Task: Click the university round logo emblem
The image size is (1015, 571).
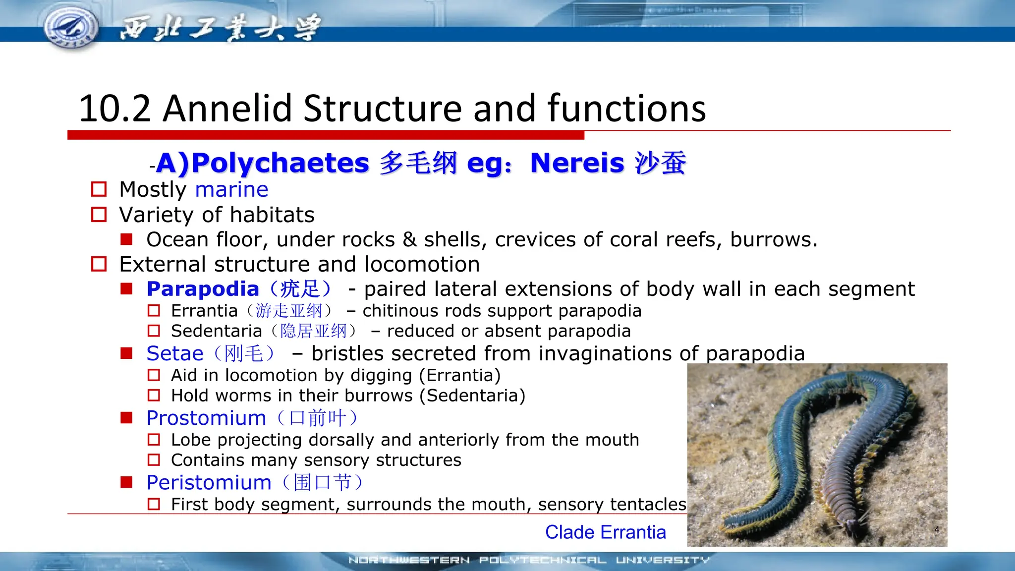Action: tap(71, 26)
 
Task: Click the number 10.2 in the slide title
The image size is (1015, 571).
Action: tap(114, 109)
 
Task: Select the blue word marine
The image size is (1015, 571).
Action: tap(231, 190)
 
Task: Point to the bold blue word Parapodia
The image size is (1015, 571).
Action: tap(203, 289)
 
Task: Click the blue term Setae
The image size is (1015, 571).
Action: tap(175, 353)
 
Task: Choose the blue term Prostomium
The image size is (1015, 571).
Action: tap(206, 418)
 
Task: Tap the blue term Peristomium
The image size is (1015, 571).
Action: tap(209, 482)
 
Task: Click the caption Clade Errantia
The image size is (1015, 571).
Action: tap(605, 532)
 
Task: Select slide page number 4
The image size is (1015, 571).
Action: tap(936, 529)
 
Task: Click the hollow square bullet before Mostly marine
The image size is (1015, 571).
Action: tap(99, 189)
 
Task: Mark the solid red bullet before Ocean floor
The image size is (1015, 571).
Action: tap(127, 239)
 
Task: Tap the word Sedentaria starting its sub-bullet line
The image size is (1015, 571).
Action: tap(216, 331)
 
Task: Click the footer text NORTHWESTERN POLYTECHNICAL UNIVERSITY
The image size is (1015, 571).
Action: tap(529, 560)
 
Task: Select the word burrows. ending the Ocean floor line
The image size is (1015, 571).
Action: tap(773, 240)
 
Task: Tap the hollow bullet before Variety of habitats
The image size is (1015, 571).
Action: tap(99, 215)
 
